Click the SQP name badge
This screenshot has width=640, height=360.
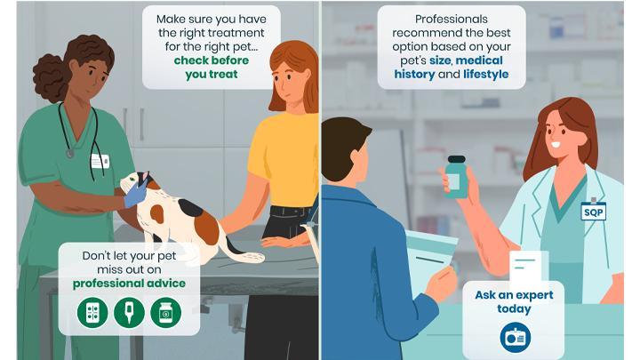[593, 211]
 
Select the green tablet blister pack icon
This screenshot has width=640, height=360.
[92, 313]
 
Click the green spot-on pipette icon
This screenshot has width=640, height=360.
[129, 313]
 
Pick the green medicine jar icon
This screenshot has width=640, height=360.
[165, 313]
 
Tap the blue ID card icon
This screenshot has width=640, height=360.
[515, 338]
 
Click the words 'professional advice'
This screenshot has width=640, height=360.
[129, 284]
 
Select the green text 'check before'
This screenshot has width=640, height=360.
[211, 60]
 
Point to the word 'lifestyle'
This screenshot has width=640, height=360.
[485, 75]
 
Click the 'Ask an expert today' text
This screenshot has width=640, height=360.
[514, 301]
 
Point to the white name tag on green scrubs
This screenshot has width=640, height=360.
[100, 161]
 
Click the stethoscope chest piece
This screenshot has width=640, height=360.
[70, 154]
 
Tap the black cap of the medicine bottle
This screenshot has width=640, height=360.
[456, 159]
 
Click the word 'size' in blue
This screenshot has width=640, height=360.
[440, 60]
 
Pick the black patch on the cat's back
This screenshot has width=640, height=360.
[190, 207]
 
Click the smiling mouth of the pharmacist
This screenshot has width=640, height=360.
[556, 144]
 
